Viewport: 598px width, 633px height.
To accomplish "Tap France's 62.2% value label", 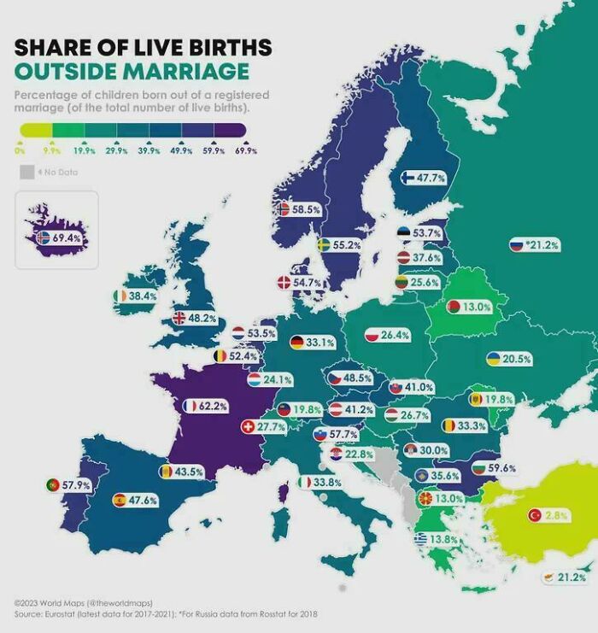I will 213,406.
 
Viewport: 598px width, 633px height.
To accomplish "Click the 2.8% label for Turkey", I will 557,515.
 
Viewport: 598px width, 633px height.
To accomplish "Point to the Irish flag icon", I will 120,296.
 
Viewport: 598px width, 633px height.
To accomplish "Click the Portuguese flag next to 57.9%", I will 53,485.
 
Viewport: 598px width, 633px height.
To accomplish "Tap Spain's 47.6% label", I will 143,501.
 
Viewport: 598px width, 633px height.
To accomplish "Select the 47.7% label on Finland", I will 431,178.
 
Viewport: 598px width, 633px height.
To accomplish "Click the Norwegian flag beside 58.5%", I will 284,208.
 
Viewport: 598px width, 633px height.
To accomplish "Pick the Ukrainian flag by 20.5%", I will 494,359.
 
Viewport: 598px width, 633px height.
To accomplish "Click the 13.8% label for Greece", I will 443,539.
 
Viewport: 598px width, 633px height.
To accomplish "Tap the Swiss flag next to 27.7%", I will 249,425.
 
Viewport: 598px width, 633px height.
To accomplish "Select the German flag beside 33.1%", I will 296,343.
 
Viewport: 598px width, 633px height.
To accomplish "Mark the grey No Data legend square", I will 26,173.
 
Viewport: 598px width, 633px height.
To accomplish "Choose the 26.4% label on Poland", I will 394,336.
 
